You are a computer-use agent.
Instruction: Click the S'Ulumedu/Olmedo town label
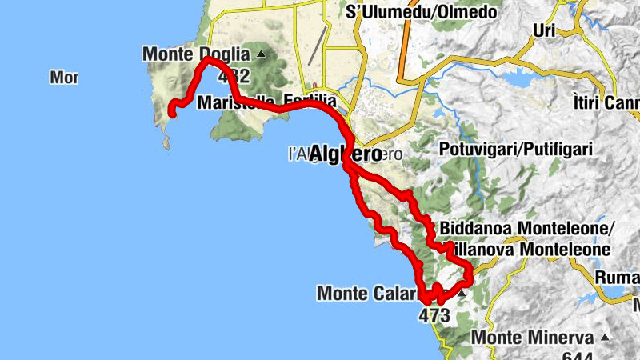click(421, 12)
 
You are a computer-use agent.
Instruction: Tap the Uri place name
click(544, 31)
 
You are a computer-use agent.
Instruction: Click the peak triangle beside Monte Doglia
click(260, 54)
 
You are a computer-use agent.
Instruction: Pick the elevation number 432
click(232, 77)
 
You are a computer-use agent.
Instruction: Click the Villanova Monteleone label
click(531, 250)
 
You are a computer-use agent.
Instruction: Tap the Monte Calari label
click(369, 294)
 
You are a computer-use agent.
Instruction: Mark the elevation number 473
click(434, 315)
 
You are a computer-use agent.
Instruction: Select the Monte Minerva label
click(532, 338)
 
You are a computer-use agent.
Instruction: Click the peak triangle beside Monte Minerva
click(605, 337)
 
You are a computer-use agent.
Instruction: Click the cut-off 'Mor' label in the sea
click(63, 78)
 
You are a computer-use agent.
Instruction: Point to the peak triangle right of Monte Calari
click(462, 294)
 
